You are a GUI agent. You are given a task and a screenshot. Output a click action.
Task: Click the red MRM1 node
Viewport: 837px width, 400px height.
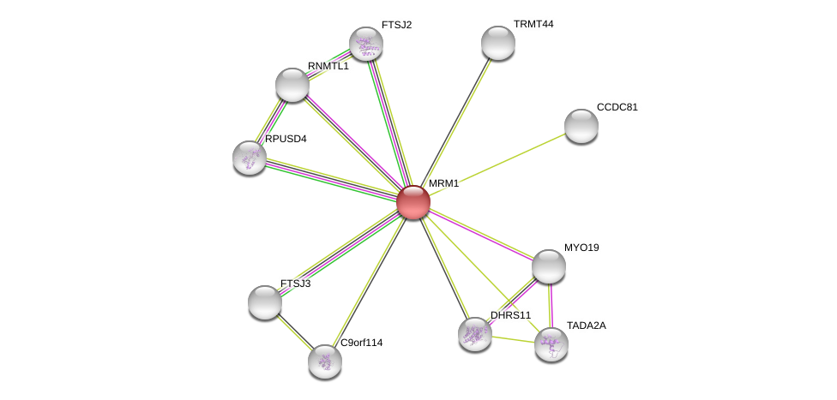(412, 202)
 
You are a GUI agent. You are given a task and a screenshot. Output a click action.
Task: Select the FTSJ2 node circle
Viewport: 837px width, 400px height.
(366, 44)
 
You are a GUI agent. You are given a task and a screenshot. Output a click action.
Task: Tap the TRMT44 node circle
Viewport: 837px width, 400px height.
(498, 43)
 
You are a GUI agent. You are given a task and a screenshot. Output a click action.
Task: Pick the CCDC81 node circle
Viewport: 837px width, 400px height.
(581, 126)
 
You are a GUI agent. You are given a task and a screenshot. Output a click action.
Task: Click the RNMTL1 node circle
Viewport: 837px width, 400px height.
(292, 85)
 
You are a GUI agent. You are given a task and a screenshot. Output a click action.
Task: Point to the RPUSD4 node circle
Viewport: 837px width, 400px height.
(250, 158)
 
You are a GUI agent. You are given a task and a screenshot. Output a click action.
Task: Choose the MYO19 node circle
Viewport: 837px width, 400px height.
(549, 266)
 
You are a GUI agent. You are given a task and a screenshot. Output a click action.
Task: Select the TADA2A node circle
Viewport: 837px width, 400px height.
(551, 344)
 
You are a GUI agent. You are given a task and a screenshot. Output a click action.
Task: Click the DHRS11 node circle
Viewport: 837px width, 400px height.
(475, 334)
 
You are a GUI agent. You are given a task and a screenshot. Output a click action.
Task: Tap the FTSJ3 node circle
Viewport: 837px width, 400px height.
(265, 302)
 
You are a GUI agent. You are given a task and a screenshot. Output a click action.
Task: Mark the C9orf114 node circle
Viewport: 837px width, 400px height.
(325, 361)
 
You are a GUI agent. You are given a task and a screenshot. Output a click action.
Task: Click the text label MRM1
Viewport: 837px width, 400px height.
(443, 183)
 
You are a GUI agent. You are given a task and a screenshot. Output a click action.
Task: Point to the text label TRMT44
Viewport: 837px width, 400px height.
(533, 24)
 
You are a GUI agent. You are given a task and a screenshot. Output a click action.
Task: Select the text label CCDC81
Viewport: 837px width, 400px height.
(617, 107)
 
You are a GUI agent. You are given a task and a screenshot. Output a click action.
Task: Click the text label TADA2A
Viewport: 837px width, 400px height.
(586, 325)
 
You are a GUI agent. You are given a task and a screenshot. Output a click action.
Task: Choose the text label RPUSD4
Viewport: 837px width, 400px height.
(285, 139)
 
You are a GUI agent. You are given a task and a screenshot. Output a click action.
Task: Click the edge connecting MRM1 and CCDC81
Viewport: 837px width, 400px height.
(497, 164)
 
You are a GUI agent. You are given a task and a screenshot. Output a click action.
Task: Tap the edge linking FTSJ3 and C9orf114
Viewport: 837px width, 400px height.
(295, 332)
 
